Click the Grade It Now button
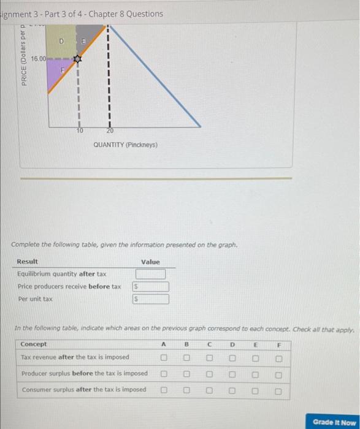point(334,422)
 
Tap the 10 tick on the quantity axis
point(79,131)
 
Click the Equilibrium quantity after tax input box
point(155,275)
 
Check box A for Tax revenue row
point(164,357)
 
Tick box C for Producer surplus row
point(210,374)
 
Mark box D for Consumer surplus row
point(233,390)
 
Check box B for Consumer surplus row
point(186,390)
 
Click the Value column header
point(150,262)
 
